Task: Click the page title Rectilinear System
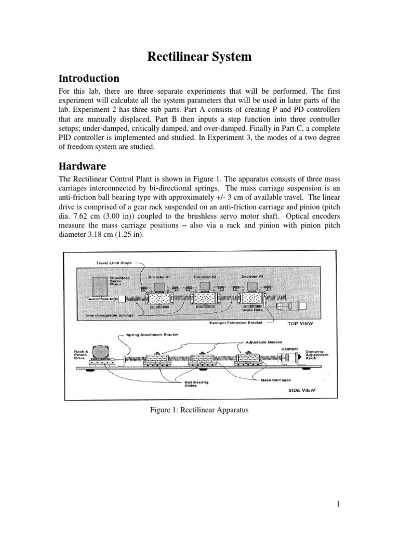tap(199, 57)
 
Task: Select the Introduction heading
tap(89, 79)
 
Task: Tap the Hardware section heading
tap(83, 167)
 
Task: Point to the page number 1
tap(338, 504)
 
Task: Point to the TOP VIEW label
tap(302, 323)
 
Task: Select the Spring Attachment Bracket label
tap(151, 334)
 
